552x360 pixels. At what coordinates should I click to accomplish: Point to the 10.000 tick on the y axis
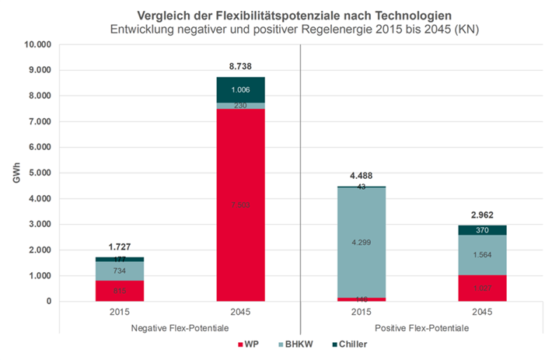36,44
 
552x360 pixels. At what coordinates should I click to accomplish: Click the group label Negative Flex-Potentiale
180,328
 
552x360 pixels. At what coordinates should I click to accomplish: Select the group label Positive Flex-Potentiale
422,328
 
